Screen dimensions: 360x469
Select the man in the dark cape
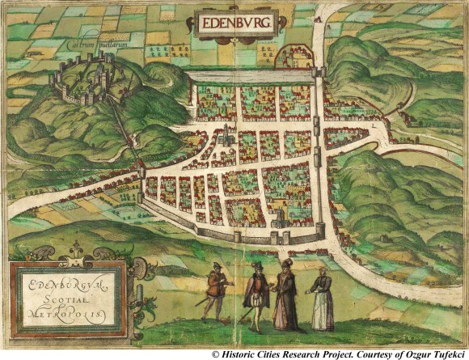tap(256, 295)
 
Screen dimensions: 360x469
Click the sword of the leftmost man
tap(203, 302)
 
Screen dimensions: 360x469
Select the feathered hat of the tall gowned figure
tap(285, 263)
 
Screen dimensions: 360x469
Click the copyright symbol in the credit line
tap(216, 354)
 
